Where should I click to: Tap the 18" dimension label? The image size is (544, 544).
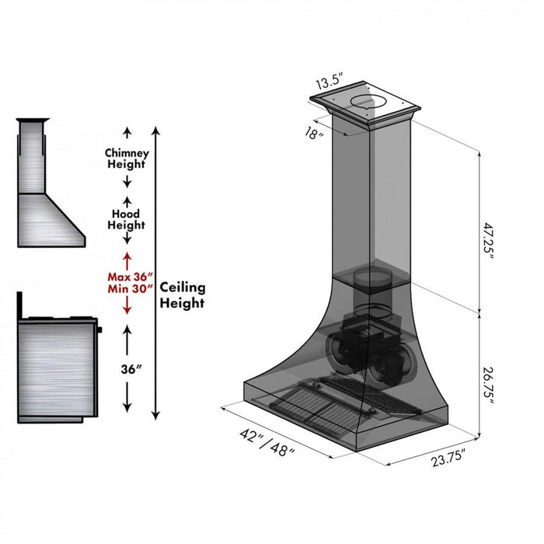(x=316, y=132)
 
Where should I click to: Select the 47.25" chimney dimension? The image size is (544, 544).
(x=487, y=242)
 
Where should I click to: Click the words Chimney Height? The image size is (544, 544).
(x=126, y=159)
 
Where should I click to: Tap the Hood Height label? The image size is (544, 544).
(x=126, y=219)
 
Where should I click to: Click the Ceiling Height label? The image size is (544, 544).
(x=182, y=295)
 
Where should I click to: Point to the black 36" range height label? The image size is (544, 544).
(x=129, y=370)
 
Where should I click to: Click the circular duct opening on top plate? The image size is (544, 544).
(x=368, y=102)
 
